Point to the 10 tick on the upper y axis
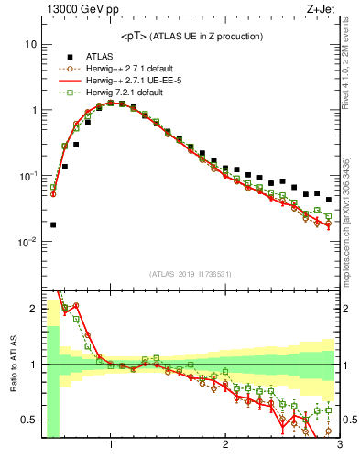coord(30,44)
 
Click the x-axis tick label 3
coord(339,445)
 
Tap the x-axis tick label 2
coord(225,445)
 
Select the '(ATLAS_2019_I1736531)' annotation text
coord(191,274)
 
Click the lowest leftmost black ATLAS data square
coord(53,224)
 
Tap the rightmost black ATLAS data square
coord(328,200)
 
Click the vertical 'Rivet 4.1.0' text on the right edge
coord(352,64)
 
